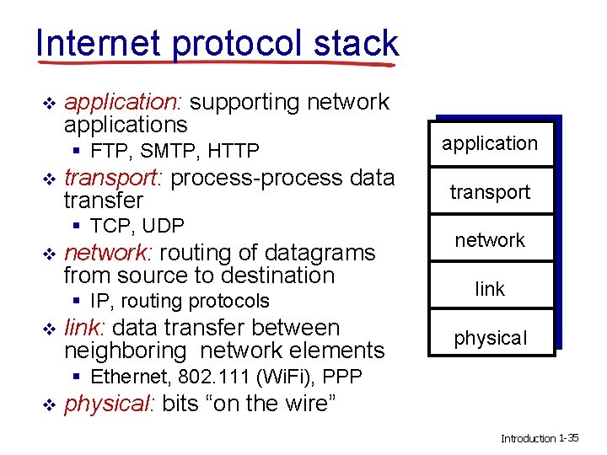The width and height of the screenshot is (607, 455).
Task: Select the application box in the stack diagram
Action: (x=490, y=143)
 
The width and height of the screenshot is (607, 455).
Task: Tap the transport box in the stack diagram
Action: (x=490, y=192)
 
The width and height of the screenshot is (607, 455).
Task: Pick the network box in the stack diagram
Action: (x=490, y=240)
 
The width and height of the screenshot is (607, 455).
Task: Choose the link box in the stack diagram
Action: (x=490, y=289)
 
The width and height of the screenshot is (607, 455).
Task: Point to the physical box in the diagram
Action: (x=490, y=338)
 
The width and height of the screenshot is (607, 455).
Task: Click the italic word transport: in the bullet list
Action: (x=115, y=178)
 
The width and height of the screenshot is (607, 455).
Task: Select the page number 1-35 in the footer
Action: (x=569, y=438)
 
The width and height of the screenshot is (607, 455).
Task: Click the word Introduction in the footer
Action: (x=529, y=439)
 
